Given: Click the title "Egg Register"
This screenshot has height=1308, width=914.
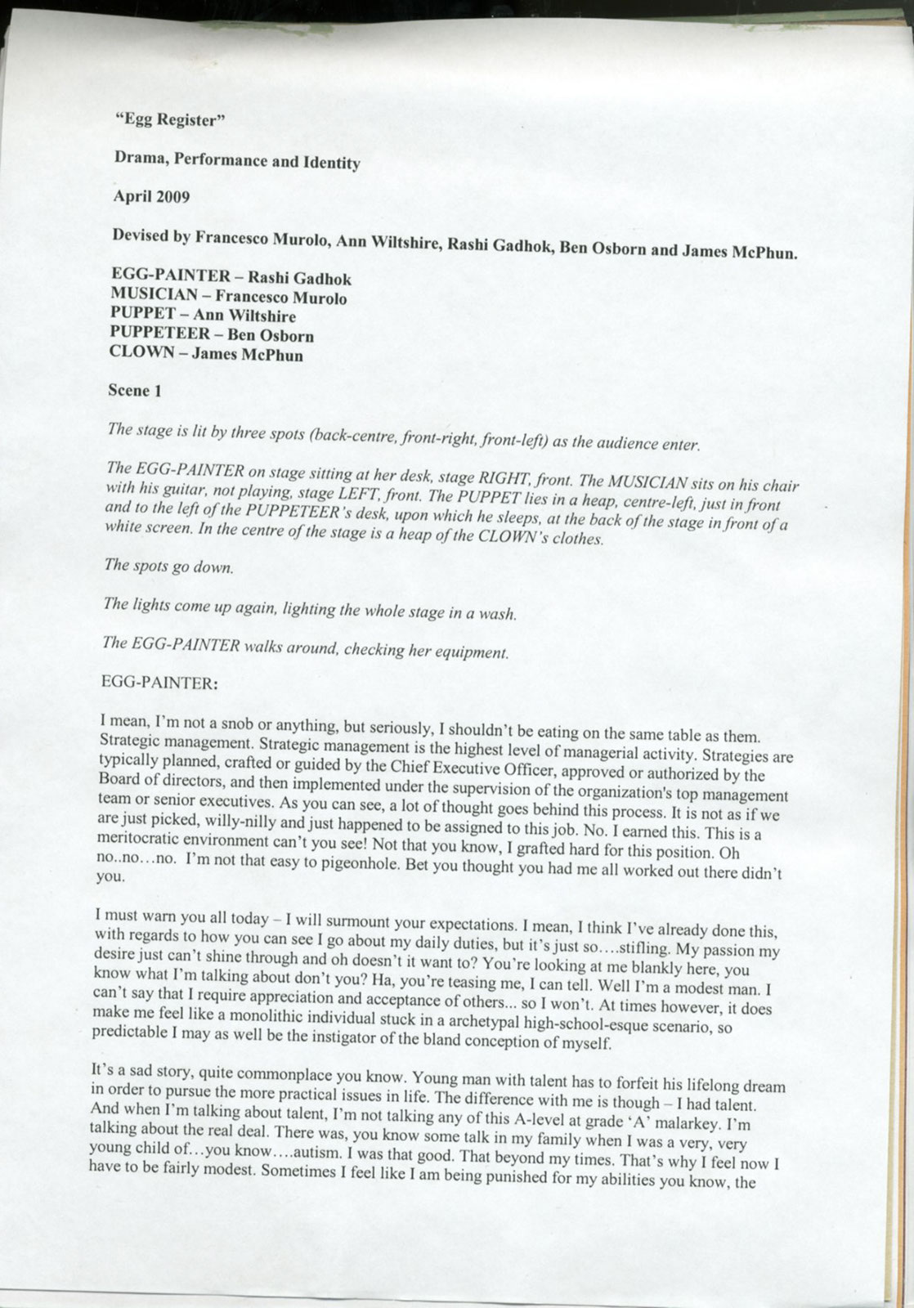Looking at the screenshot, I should pyautogui.click(x=170, y=120).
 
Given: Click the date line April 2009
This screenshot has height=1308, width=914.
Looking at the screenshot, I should pyautogui.click(x=152, y=196).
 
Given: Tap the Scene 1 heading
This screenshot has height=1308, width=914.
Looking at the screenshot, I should pyautogui.click(x=135, y=390).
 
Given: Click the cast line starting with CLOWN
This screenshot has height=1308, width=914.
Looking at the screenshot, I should pyautogui.click(x=206, y=354).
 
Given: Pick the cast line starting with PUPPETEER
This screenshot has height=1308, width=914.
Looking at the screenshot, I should pyautogui.click(x=212, y=334).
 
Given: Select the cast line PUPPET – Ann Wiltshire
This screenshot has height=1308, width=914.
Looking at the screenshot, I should pyautogui.click(x=203, y=316).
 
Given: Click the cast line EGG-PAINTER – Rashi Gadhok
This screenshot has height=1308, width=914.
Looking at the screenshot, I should pyautogui.click(x=231, y=277).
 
